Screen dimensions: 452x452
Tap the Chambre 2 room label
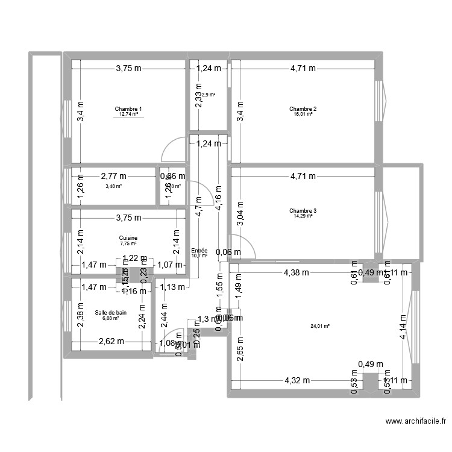pyautogui.click(x=303, y=109)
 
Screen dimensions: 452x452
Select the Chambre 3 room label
pyautogui.click(x=303, y=211)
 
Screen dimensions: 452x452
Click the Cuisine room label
pyautogui.click(x=128, y=238)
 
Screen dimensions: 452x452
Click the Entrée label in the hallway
pyautogui.click(x=199, y=250)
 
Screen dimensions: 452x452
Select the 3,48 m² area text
pyautogui.click(x=113, y=186)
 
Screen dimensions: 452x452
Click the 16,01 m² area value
pyautogui.click(x=303, y=114)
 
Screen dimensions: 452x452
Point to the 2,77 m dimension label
pyautogui.click(x=113, y=177)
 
